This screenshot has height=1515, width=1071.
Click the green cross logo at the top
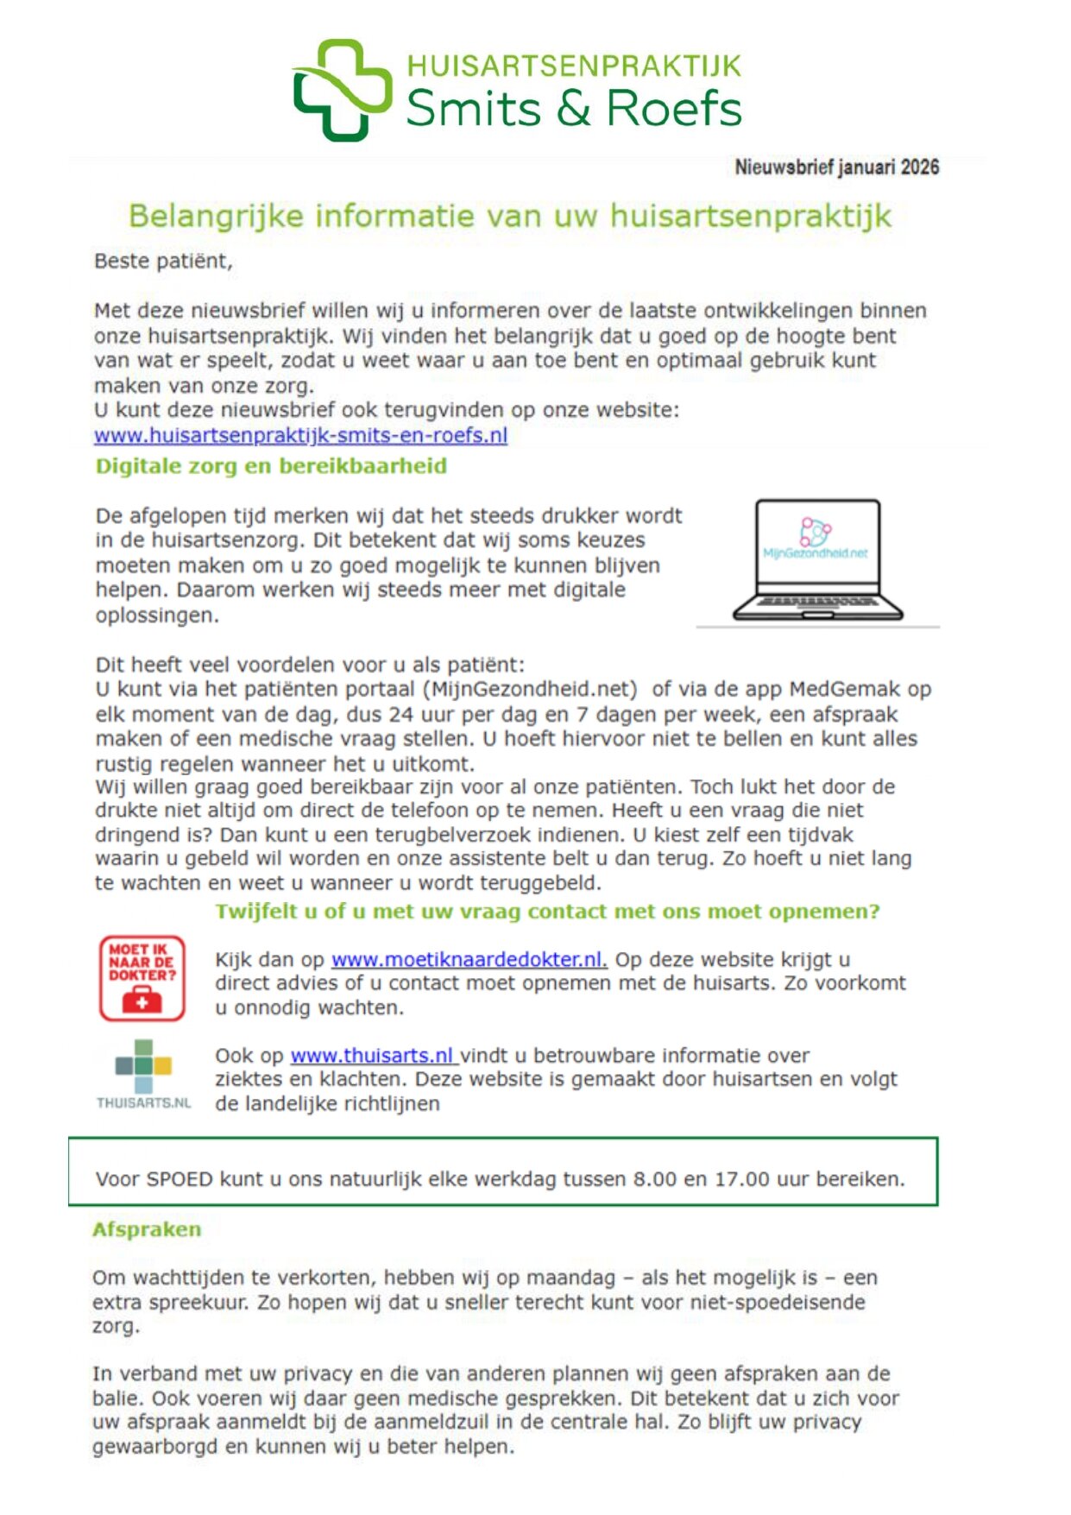point(343,90)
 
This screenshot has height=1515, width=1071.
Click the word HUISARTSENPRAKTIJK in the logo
point(574,66)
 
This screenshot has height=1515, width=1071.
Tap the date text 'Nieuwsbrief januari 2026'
point(836,167)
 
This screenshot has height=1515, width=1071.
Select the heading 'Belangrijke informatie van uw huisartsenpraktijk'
point(510,216)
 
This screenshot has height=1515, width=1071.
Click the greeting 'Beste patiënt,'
point(163,262)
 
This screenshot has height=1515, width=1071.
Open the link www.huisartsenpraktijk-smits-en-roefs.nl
point(300,435)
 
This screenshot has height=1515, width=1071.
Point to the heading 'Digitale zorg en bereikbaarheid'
point(271,466)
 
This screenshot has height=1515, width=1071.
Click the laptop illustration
point(817,560)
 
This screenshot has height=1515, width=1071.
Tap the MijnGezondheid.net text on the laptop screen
point(816,553)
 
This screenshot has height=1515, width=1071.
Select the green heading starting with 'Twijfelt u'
point(547,912)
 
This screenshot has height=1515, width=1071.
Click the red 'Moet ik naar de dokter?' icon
point(142,978)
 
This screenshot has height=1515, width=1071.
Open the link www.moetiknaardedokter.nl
point(469,959)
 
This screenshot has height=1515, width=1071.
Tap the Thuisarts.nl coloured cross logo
point(143,1067)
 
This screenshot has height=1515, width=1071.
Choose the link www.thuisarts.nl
point(372,1055)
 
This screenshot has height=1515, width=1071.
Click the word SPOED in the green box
point(180,1179)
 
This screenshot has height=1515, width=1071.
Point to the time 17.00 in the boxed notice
point(741,1179)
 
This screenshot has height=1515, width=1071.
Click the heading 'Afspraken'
point(147,1229)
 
